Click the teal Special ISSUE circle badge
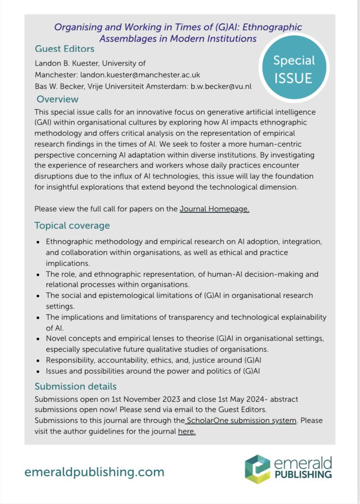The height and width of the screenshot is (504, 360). click(294, 70)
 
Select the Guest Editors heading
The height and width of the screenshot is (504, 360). click(64, 49)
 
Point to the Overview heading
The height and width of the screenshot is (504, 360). click(57, 99)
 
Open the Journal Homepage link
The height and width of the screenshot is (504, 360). click(214, 209)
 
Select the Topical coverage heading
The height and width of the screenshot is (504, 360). click(72, 225)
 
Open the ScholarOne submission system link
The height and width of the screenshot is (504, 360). click(241, 420)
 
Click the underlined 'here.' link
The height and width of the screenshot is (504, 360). click(187, 431)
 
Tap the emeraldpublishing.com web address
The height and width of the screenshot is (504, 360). click(94, 472)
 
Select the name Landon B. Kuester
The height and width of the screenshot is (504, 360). click(65, 63)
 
